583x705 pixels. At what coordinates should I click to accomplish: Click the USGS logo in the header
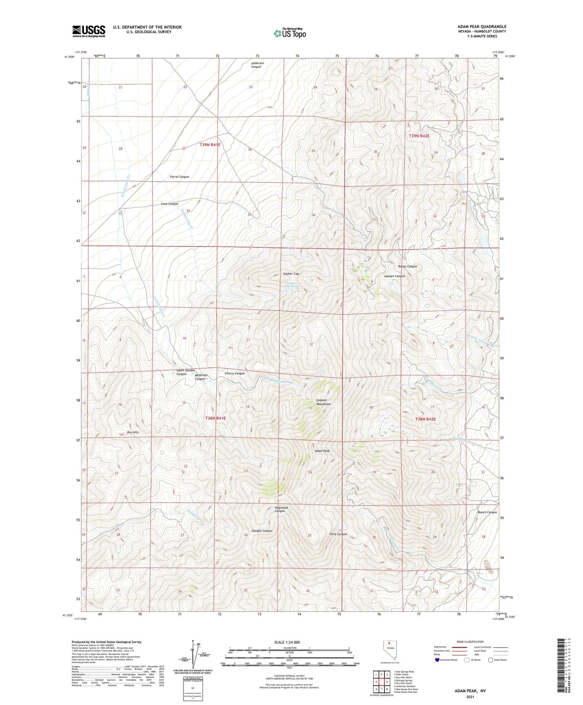[x=89, y=31]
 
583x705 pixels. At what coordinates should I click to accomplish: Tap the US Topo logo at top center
[x=290, y=33]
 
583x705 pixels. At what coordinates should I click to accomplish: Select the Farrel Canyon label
[x=179, y=177]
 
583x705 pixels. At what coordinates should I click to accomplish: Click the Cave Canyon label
[x=169, y=204]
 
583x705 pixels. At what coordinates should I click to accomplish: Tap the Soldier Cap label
[x=291, y=274]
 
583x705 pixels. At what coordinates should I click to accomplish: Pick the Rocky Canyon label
[x=407, y=266]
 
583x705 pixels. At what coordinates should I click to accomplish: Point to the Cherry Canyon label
[x=234, y=373]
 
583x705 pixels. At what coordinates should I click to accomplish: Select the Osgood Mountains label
[x=323, y=402]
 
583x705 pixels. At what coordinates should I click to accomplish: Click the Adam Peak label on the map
[x=322, y=451]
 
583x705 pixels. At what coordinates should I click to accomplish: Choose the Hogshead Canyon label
[x=280, y=509]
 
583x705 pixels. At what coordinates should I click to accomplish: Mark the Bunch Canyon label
[x=487, y=512]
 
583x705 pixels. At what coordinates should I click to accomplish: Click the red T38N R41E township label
[x=215, y=418]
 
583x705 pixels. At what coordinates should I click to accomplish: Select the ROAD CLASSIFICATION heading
[x=470, y=642]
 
